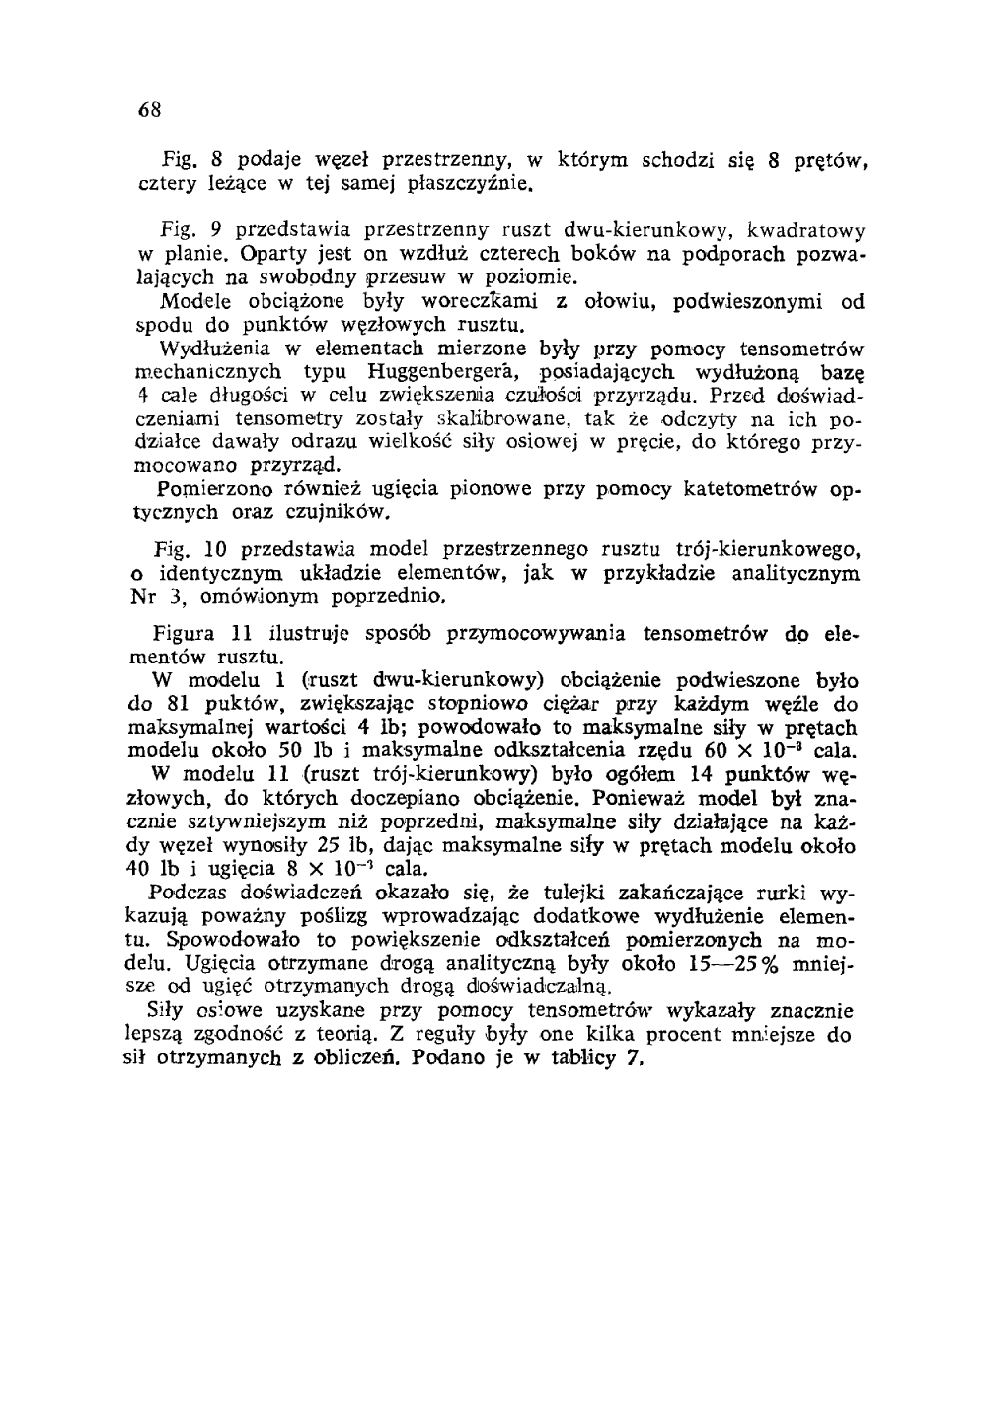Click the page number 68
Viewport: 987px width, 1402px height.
tap(149, 106)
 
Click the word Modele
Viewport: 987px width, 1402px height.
tap(191, 300)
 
